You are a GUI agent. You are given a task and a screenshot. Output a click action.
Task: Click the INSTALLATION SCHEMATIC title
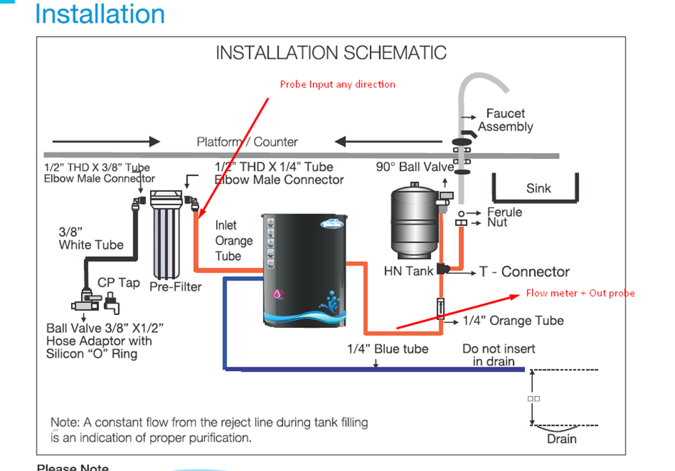pos(331,53)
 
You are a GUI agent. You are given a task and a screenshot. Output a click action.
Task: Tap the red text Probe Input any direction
pos(337,84)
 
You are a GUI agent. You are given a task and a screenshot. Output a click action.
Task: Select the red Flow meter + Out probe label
pos(580,293)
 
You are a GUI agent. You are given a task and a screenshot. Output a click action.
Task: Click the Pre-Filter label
pos(175,286)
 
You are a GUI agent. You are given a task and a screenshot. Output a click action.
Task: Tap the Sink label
pos(539,188)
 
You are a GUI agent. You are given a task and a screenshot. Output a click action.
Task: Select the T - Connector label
pos(524,272)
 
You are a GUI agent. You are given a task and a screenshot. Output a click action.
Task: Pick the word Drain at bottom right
pos(562,439)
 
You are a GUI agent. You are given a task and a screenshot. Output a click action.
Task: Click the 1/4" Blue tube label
pos(388,349)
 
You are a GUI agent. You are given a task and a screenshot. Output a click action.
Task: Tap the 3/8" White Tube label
pos(91,239)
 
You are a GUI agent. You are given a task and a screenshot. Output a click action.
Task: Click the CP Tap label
pos(118,283)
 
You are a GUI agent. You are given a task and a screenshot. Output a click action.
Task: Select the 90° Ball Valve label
pos(415,167)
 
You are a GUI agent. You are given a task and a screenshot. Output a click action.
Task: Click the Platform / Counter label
pos(247,142)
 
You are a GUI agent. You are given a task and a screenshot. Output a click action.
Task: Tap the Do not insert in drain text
pos(498,355)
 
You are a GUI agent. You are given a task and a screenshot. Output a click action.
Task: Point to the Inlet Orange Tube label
pos(234,240)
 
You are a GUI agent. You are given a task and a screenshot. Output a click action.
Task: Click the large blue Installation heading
pos(100,14)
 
